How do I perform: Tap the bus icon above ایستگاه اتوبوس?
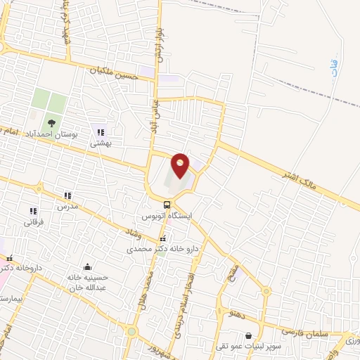[167, 205]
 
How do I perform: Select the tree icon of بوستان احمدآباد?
[51, 123]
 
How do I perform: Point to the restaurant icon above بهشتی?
[101, 131]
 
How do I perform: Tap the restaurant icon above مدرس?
[67, 196]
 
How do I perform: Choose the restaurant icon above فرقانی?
[32, 210]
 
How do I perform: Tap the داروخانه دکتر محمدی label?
[163, 249]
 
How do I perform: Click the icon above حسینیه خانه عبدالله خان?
[86, 266]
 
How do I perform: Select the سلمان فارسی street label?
[304, 329]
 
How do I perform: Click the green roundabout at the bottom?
[131, 331]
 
